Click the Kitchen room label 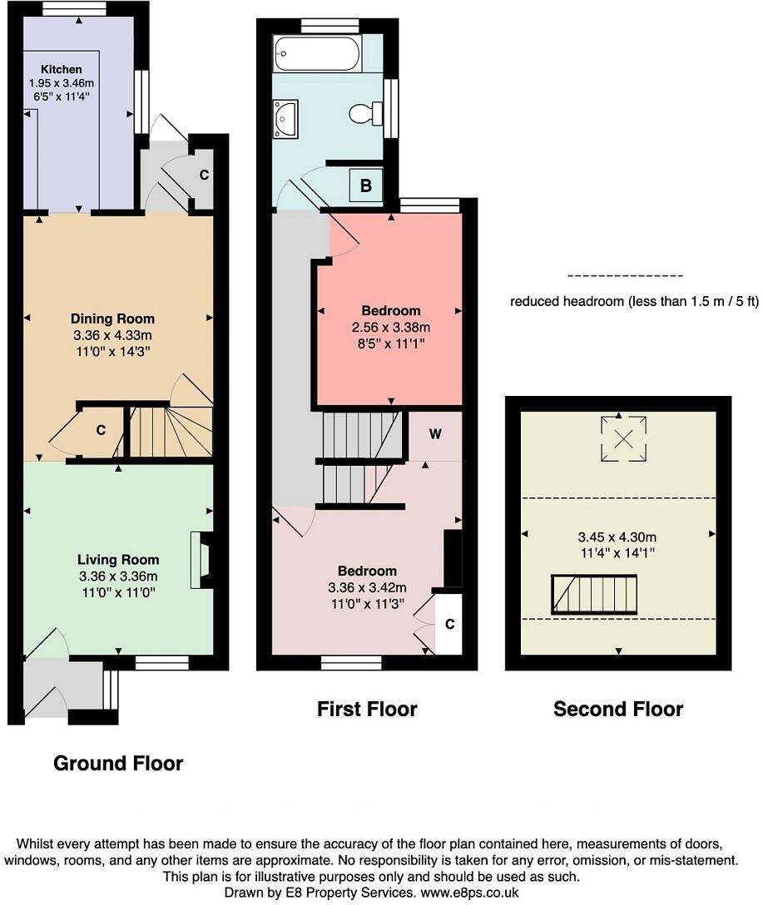tap(62, 69)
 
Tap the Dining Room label tap(112, 319)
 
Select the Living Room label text tap(118, 559)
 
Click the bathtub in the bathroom tap(318, 54)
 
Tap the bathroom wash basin tap(285, 119)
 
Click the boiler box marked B tap(366, 185)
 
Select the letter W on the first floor tap(436, 434)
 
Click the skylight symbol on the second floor tap(623, 438)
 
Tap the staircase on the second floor tap(594, 595)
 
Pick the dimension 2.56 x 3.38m tap(391, 327)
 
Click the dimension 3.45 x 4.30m tap(617, 537)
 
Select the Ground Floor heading tap(118, 764)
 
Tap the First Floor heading tap(367, 709)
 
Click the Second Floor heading tap(618, 709)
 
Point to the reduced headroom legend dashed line tap(626, 276)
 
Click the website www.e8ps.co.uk tap(470, 893)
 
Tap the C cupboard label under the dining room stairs tap(101, 430)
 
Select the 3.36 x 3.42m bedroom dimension tap(367, 587)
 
